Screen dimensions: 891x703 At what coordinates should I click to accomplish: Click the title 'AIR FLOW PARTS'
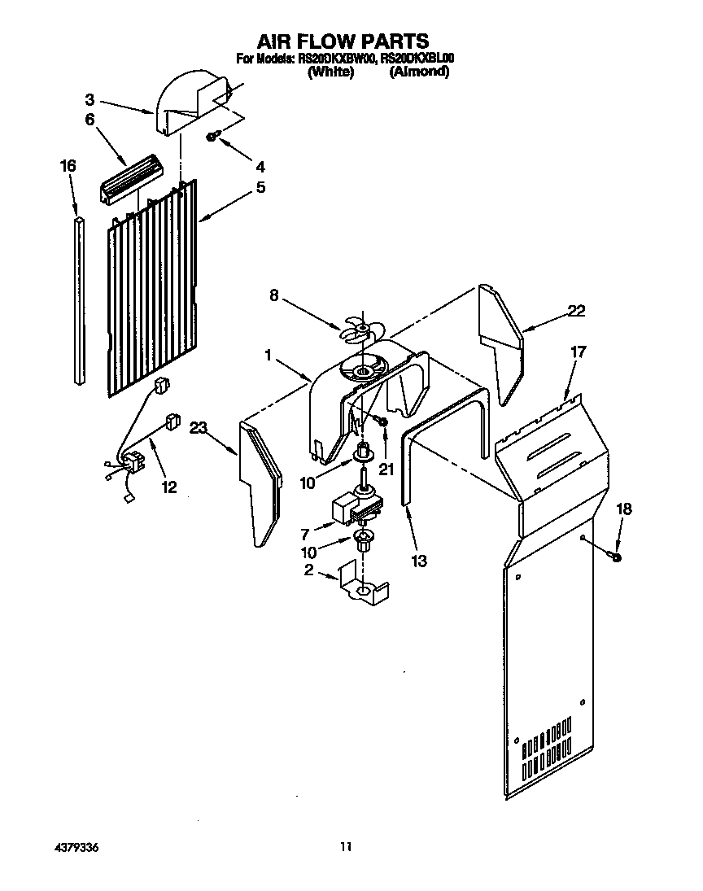pos(343,41)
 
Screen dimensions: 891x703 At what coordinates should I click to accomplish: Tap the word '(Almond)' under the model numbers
pos(418,72)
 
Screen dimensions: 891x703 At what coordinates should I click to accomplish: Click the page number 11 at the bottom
pos(346,847)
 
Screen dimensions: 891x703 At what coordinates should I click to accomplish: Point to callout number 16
pos(68,165)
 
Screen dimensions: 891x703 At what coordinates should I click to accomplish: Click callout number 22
pos(576,310)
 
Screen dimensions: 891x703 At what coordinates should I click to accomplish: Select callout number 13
pos(419,561)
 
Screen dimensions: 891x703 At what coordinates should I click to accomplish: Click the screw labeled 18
pos(614,556)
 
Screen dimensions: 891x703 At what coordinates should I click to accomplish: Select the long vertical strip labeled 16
pos(78,301)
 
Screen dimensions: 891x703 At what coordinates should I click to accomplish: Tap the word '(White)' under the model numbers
pos(330,72)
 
